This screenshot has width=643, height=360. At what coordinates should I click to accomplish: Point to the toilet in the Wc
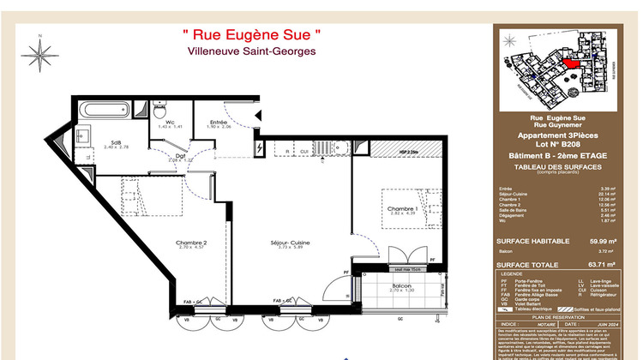point(159,111)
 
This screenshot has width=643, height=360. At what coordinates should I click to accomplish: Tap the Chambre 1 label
point(402,208)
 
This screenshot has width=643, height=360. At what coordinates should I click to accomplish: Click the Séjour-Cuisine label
point(294,243)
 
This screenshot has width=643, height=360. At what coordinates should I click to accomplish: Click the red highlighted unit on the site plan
point(571,63)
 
